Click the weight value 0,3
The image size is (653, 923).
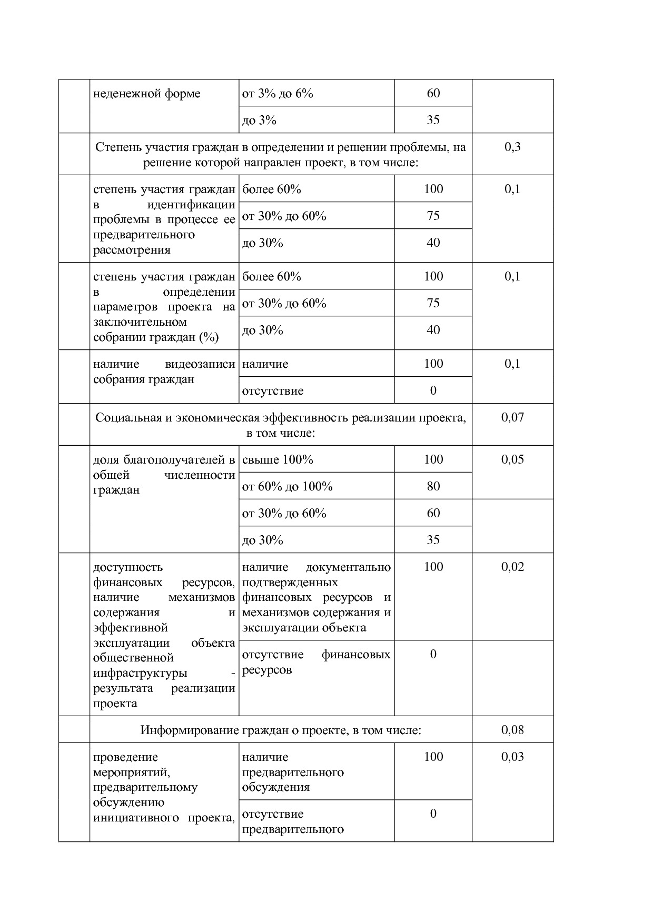click(512, 147)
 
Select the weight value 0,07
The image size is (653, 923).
click(512, 418)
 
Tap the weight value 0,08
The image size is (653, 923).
click(512, 730)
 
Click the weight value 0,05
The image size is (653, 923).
click(512, 459)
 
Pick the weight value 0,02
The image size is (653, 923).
click(512, 567)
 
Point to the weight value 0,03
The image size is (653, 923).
click(512, 757)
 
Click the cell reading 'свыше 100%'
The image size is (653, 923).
click(278, 460)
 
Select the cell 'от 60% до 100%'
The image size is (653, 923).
click(287, 487)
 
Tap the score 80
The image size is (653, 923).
click(433, 486)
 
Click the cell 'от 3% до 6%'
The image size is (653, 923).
click(278, 94)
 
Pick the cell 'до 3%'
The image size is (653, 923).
click(259, 121)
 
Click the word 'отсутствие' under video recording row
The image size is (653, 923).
click(272, 391)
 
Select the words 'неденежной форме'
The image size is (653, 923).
click(146, 94)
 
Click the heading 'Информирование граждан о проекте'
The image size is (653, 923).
click(280, 730)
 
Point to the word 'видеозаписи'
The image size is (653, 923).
click(200, 364)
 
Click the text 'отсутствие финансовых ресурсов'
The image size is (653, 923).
click(316, 662)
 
